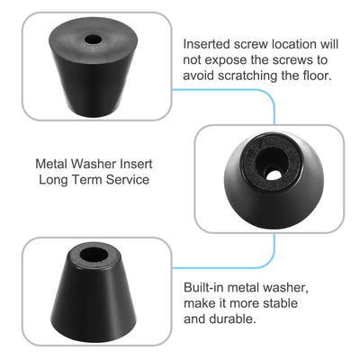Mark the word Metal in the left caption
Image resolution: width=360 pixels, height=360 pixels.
(x=54, y=165)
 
